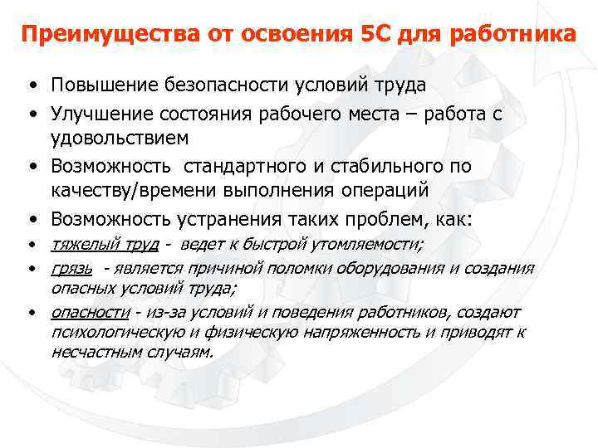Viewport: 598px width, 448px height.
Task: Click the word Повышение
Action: coord(101,85)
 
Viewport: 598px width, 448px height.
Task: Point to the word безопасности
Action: coord(218,85)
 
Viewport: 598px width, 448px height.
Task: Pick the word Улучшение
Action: coord(101,112)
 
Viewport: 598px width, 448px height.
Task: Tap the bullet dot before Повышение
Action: coord(31,86)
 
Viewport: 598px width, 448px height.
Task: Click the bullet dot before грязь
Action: coord(31,269)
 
